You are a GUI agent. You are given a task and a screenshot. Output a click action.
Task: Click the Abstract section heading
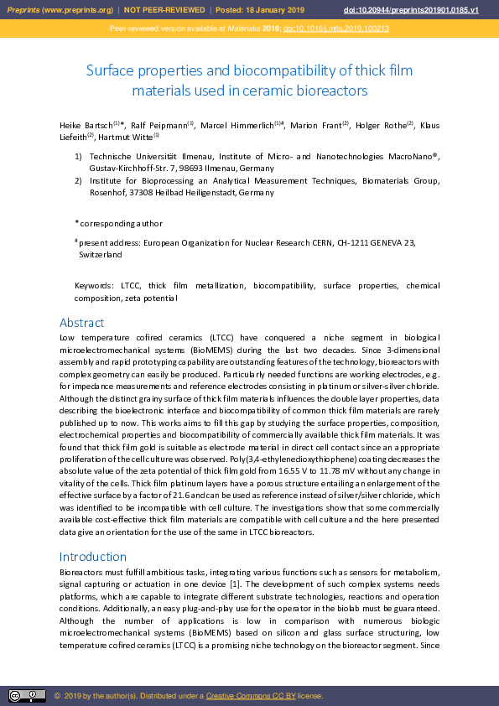coord(81,323)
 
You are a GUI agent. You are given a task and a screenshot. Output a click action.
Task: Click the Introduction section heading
coord(92,557)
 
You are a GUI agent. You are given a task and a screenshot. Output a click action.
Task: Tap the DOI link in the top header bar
coord(411,10)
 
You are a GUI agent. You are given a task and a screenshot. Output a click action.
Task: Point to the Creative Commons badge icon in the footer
coord(27,696)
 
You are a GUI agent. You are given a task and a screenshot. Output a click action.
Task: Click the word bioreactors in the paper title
coord(328,90)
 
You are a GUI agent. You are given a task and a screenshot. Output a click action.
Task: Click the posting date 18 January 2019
coord(274,10)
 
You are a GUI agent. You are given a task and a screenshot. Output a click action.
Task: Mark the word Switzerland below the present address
coord(101,253)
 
